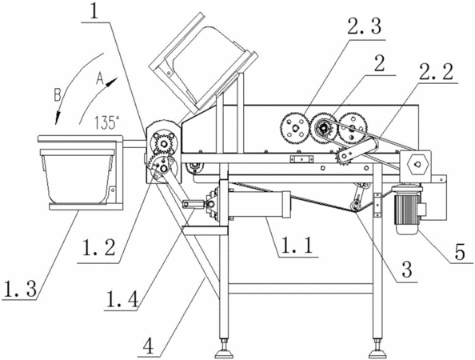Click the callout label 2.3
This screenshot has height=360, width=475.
pyautogui.click(x=365, y=26)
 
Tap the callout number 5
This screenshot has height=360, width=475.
pyautogui.click(x=460, y=252)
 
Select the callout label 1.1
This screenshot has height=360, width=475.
pyautogui.click(x=297, y=246)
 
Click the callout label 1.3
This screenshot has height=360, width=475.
pyautogui.click(x=20, y=288)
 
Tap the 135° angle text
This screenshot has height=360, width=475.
pyautogui.click(x=106, y=122)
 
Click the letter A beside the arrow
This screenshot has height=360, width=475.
pyautogui.click(x=100, y=78)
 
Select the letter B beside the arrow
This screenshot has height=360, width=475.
pyautogui.click(x=58, y=95)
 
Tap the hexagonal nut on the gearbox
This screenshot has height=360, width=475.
pyautogui.click(x=417, y=165)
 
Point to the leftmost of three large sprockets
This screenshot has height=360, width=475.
pyautogui.click(x=295, y=127)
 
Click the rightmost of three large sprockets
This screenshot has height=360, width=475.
pyautogui.click(x=352, y=127)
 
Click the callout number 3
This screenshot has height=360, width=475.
pyautogui.click(x=406, y=269)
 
